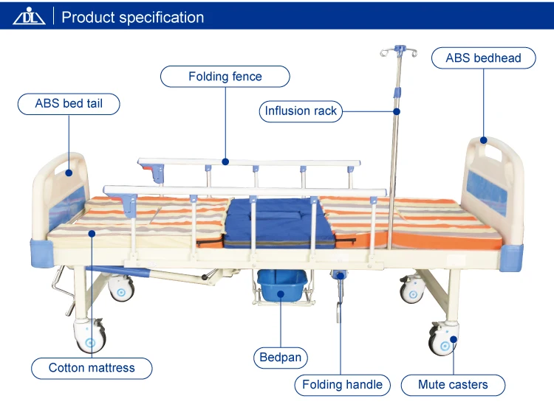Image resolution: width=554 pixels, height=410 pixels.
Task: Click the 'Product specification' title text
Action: pyautogui.click(x=133, y=17)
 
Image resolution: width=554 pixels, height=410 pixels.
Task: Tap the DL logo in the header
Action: pyautogui.click(x=29, y=17)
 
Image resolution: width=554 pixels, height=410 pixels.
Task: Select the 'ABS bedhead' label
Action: pyautogui.click(x=483, y=58)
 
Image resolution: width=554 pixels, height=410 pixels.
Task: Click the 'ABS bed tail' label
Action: pyautogui.click(x=69, y=104)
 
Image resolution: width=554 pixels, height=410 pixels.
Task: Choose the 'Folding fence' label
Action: pyautogui.click(x=225, y=77)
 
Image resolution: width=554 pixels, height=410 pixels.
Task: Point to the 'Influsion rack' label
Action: pyautogui.click(x=301, y=111)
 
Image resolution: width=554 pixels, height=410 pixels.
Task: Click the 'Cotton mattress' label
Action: pyautogui.click(x=92, y=367)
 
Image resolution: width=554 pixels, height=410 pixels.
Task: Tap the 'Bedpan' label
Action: pyautogui.click(x=281, y=358)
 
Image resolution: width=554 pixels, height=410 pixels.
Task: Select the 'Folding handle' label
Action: pyautogui.click(x=343, y=384)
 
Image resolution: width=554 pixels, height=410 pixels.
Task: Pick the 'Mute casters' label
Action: pyautogui.click(x=453, y=384)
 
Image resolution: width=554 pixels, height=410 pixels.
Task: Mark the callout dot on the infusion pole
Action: pyautogui.click(x=397, y=112)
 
